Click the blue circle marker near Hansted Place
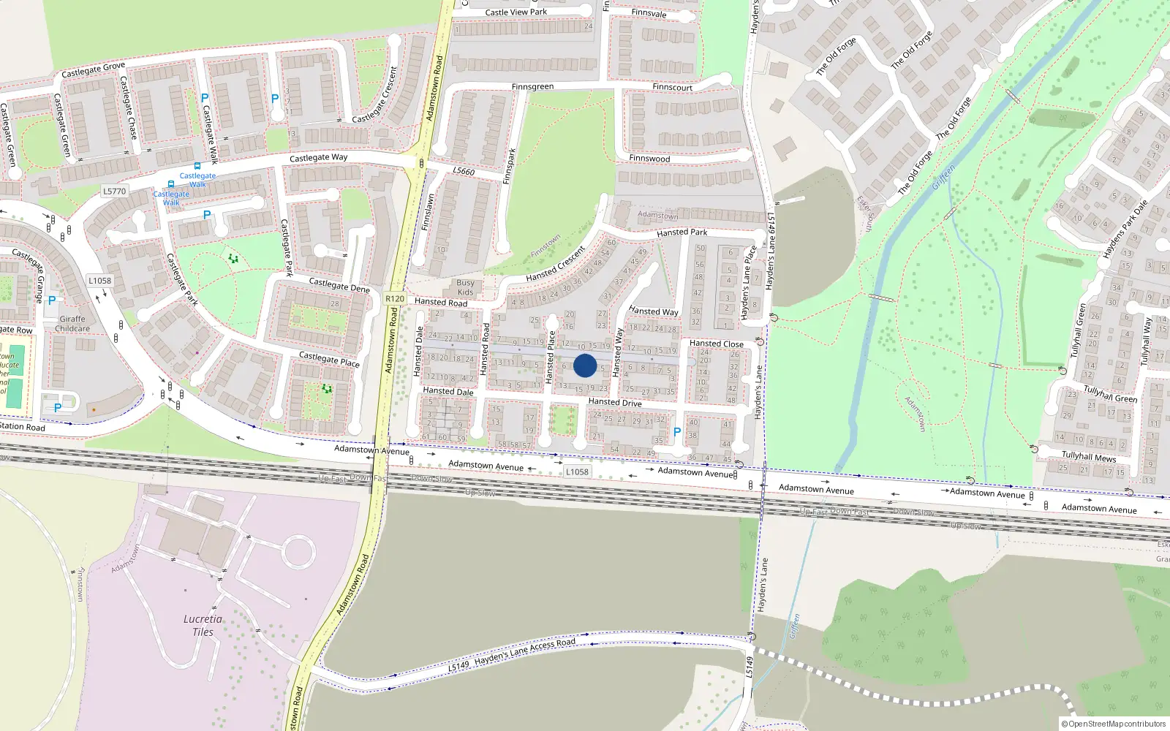tap(585, 365)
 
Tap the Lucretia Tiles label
tap(203, 625)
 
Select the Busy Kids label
tap(465, 287)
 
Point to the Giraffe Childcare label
tap(72, 324)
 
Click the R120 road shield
tap(395, 299)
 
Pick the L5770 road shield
tap(114, 192)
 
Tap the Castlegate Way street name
tap(318, 158)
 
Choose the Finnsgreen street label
tap(532, 87)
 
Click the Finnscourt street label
tap(672, 88)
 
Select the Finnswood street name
tap(649, 159)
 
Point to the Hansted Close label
tap(716, 344)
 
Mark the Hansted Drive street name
tap(615, 403)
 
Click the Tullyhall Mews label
tap(1089, 457)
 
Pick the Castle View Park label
tap(516, 12)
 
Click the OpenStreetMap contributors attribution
tap(1113, 724)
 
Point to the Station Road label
tap(22, 427)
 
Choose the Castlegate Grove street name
tap(93, 70)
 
